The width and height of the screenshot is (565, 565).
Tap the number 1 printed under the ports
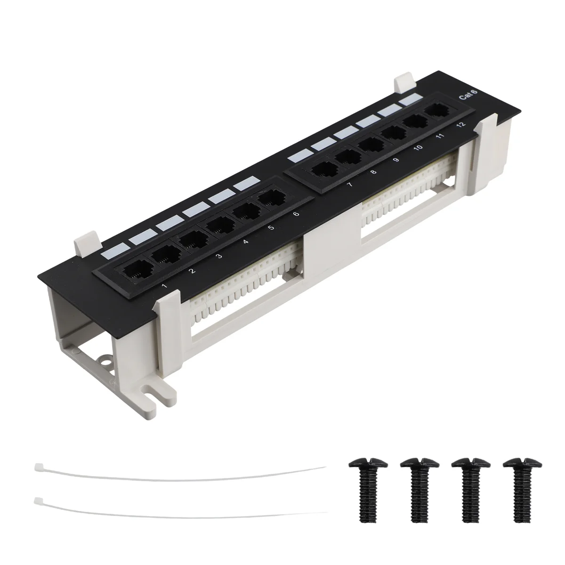(x=164, y=286)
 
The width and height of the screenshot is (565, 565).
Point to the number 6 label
(x=296, y=214)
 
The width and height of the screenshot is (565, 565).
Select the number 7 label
(x=349, y=185)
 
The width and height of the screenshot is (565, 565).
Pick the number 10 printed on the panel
(x=418, y=147)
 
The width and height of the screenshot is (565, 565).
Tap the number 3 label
(x=218, y=256)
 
